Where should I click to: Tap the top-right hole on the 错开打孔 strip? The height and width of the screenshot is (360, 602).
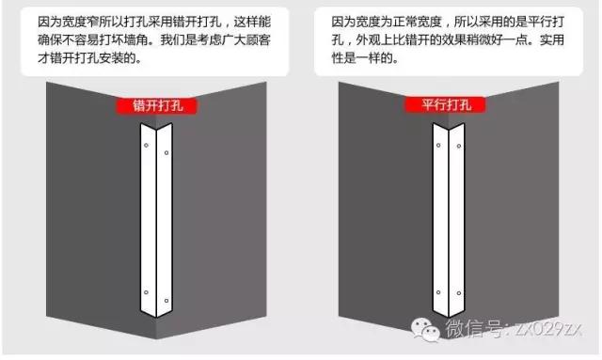pos(166,153)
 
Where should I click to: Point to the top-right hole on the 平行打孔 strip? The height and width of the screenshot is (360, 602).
pos(457,148)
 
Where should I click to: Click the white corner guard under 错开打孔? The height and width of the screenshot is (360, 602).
pos(156,226)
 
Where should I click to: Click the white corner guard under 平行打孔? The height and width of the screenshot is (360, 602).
pos(448,226)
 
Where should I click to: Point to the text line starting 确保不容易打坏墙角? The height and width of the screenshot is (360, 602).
pos(156,39)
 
